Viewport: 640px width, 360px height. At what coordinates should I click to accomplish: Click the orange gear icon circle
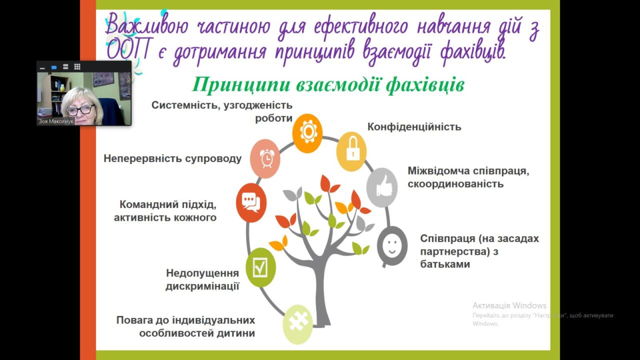307,133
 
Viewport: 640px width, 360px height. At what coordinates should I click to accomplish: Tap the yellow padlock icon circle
351,151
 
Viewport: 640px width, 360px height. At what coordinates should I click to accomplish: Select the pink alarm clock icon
265,158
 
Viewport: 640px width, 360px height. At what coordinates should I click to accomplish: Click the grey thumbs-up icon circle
382,187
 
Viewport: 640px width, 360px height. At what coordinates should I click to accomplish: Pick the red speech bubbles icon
251,202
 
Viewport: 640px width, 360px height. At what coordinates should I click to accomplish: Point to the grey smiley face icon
392,246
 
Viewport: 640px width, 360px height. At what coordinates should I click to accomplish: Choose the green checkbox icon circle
260,267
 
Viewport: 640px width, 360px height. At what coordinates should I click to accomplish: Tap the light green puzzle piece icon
297,324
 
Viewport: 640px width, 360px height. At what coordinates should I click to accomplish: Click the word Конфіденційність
414,126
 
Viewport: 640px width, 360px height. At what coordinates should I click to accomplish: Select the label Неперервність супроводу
172,158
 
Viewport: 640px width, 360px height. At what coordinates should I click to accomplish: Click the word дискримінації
202,286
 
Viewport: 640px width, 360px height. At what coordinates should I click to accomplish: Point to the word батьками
445,264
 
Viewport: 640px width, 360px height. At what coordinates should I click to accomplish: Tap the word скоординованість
455,183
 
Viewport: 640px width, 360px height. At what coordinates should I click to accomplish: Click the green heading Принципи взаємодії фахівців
328,85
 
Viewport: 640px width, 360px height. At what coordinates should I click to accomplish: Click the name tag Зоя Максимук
56,121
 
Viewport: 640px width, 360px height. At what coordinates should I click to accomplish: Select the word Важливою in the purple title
147,25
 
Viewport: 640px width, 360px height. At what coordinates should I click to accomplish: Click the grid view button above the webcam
77,67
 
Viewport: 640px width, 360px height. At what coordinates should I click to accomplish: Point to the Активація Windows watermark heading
509,305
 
